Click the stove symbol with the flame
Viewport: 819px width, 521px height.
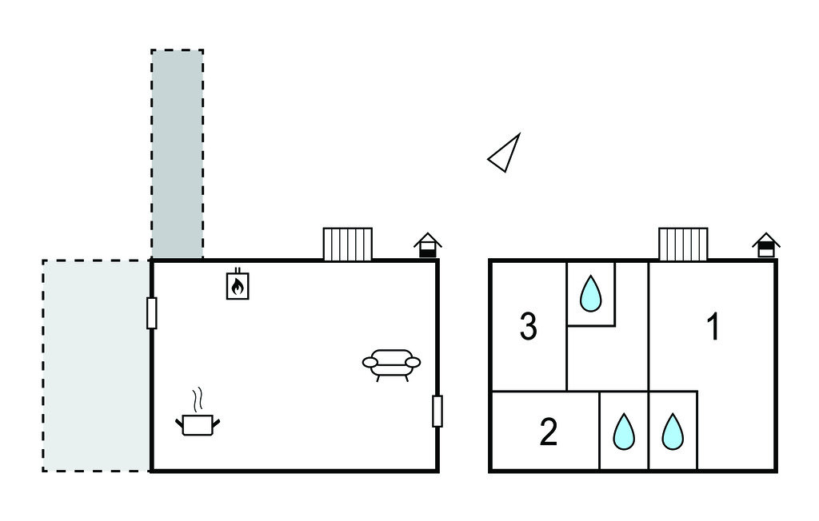click(x=238, y=284)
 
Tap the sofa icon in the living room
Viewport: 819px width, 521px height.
click(x=391, y=364)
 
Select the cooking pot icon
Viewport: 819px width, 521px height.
click(x=197, y=424)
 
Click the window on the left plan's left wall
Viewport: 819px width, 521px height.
click(x=151, y=312)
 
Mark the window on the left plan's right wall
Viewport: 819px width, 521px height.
click(x=437, y=411)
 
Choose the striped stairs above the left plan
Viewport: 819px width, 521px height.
click(x=347, y=244)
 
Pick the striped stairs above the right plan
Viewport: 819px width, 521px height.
click(x=683, y=244)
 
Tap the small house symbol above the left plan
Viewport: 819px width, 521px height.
click(x=428, y=245)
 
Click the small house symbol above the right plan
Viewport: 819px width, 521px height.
click(x=766, y=245)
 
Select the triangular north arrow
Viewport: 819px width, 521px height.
click(x=505, y=153)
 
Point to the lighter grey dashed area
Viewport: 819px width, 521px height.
click(x=96, y=365)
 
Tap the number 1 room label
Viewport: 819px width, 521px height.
click(x=712, y=327)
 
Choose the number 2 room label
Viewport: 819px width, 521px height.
click(x=548, y=432)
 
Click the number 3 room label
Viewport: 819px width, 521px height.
click(x=528, y=327)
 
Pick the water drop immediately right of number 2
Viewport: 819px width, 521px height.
click(x=623, y=432)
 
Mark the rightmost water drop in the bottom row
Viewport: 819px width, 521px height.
click(x=673, y=432)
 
